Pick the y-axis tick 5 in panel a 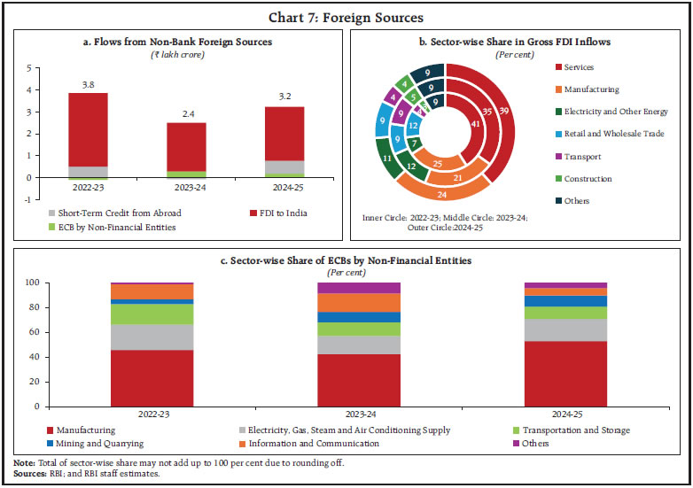click(x=28, y=68)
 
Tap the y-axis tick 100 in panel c click(x=31, y=283)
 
